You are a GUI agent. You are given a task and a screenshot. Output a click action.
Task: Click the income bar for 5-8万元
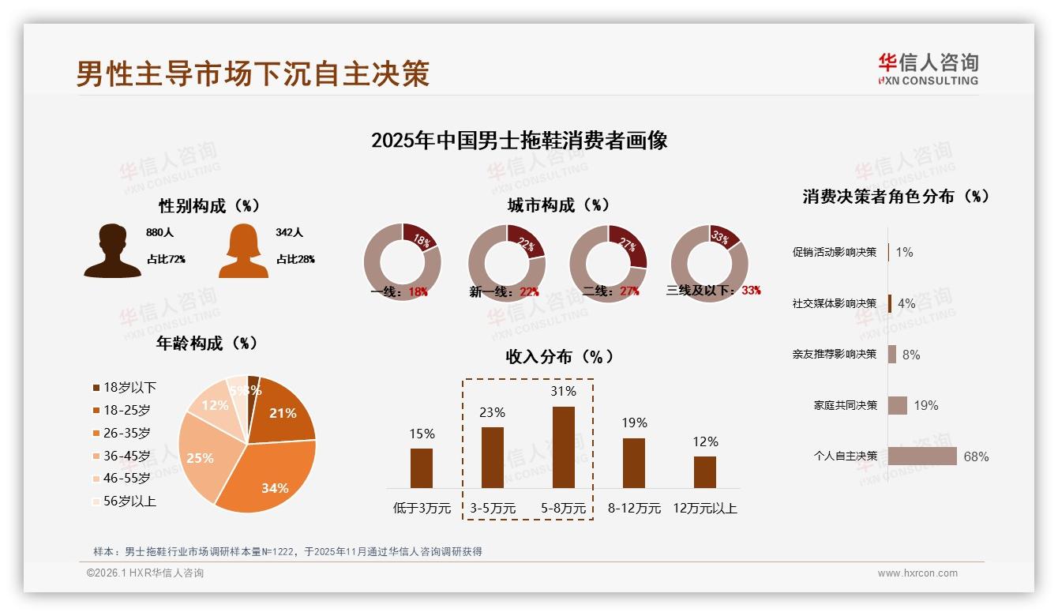pos(563,447)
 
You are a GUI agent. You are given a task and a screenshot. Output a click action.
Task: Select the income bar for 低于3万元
pos(422,468)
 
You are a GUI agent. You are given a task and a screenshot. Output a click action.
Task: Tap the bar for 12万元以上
pos(704,471)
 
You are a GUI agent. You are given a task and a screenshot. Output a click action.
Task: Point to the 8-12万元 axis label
pos(634,509)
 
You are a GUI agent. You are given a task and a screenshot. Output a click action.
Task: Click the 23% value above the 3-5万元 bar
pos(493,412)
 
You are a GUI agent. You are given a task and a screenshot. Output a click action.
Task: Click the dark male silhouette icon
pos(112,250)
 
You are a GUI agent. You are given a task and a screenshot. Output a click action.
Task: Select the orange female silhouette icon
pos(243,250)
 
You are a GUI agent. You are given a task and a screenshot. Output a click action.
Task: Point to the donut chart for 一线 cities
pos(402,262)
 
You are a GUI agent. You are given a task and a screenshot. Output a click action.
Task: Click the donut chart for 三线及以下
pos(709,262)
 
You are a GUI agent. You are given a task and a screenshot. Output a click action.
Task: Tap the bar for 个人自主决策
pos(921,456)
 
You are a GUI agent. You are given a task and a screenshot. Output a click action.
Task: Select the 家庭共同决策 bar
pos(897,405)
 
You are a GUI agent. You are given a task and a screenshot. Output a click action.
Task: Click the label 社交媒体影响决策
pos(834,303)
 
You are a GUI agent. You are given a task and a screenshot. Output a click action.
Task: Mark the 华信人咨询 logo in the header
pos(928,69)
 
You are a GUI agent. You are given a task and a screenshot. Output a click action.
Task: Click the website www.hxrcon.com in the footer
pos(917,573)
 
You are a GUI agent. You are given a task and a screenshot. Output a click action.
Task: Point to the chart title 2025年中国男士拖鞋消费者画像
pos(519,141)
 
